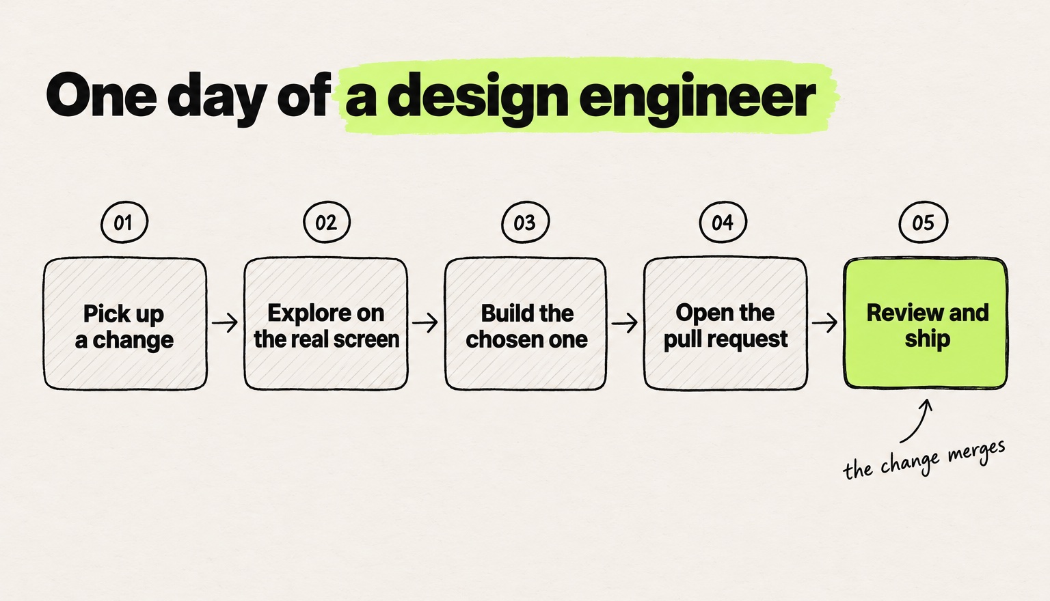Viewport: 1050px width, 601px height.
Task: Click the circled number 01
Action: point(124,222)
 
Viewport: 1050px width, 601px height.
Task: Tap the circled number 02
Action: point(327,222)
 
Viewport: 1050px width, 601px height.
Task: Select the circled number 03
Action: point(525,222)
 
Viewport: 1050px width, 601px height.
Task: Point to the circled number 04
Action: point(723,222)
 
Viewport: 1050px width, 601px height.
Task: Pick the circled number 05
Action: point(923,222)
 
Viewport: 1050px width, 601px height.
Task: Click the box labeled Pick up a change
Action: point(125,324)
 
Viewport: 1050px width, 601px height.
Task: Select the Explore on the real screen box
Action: point(326,324)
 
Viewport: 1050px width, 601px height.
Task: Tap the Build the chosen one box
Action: point(526,324)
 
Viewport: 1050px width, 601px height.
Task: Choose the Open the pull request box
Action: point(725,324)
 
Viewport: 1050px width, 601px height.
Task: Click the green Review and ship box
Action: point(926,323)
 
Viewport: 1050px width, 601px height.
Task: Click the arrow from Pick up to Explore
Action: point(225,322)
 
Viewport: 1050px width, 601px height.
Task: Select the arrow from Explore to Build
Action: point(425,322)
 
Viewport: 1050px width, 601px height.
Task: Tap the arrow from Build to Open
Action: point(625,322)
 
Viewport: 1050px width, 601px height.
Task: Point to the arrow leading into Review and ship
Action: point(825,322)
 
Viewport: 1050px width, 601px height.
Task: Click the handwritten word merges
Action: point(976,453)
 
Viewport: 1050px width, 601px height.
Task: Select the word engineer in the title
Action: point(697,99)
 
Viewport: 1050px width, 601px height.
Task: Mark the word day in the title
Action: point(217,99)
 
